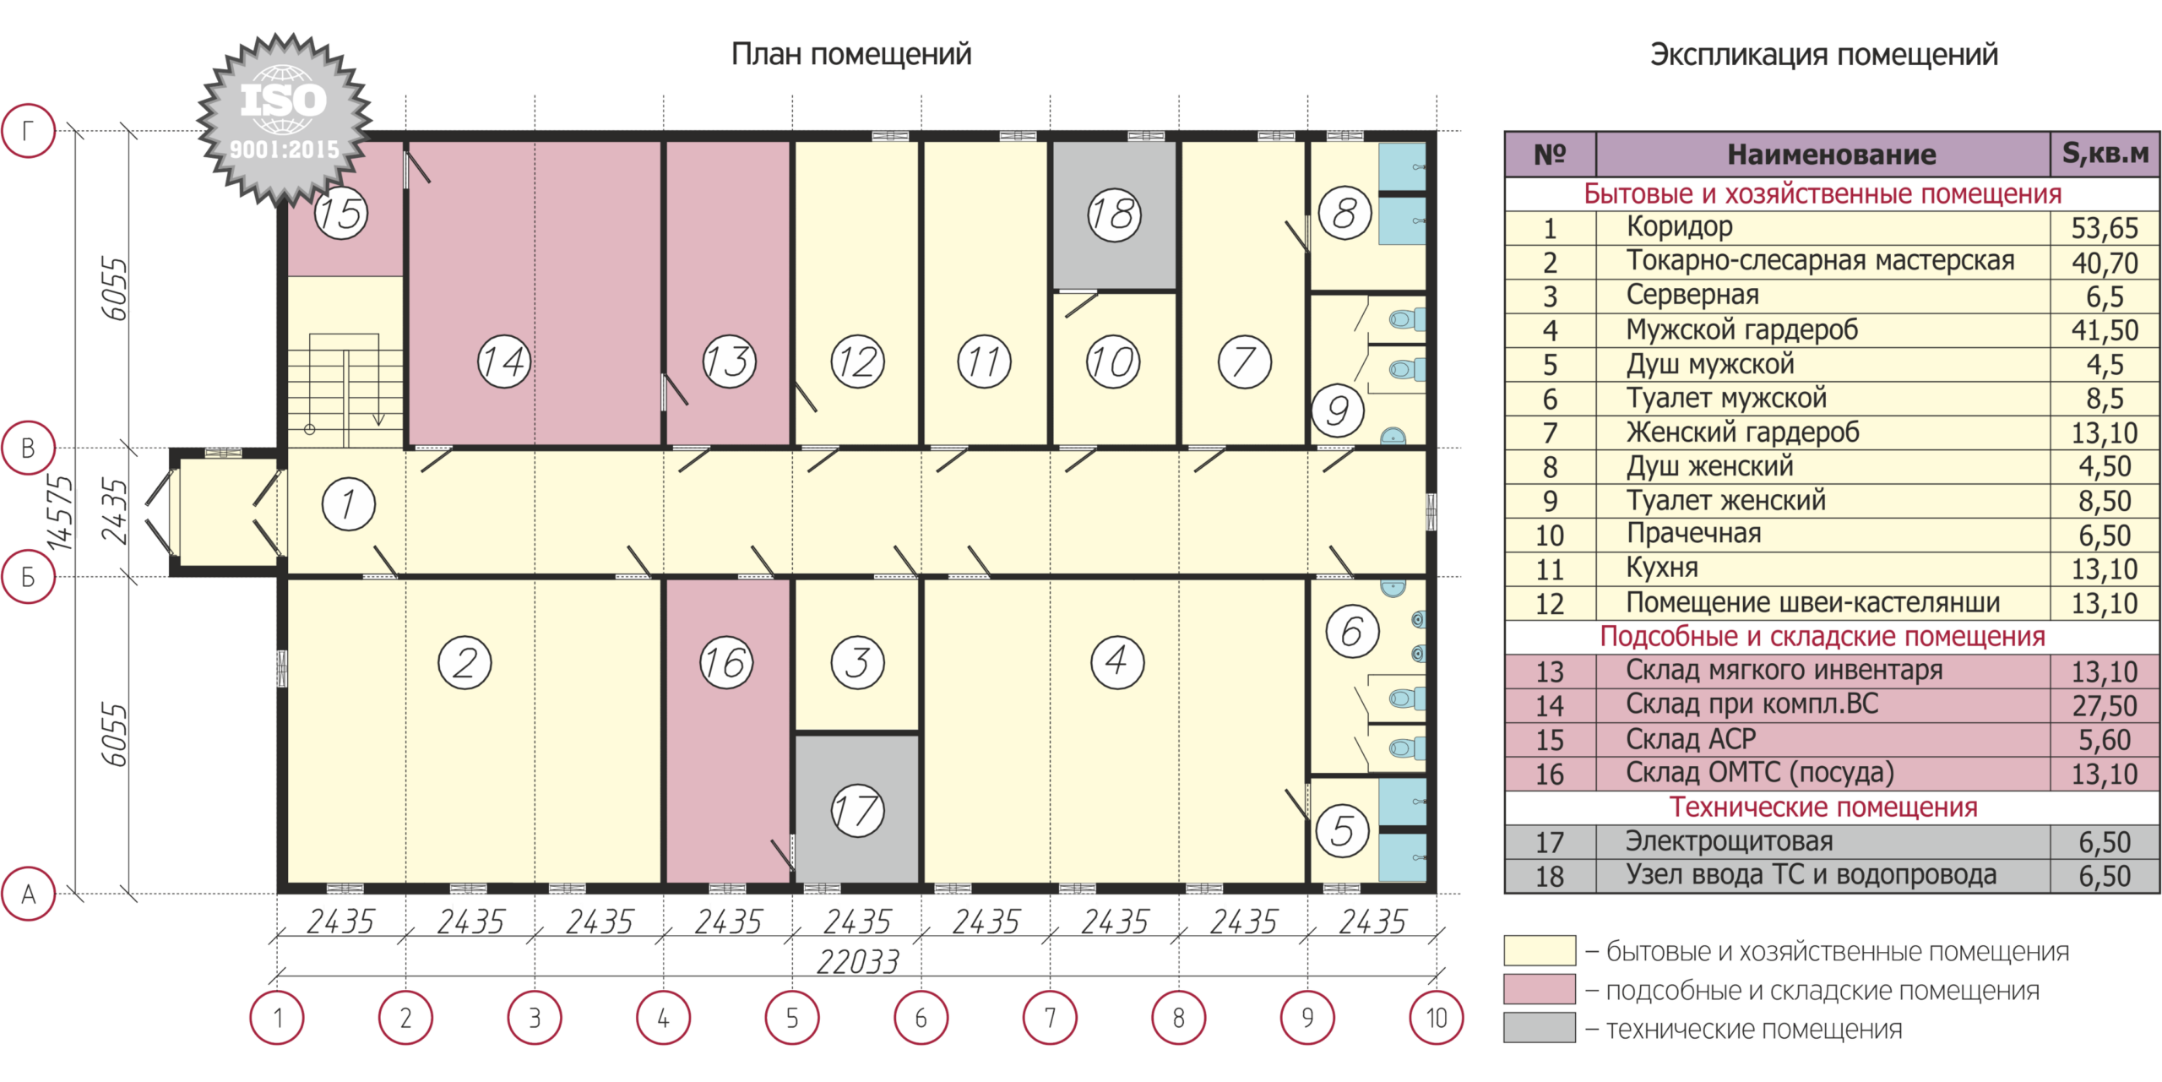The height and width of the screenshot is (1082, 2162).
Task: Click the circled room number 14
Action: [504, 362]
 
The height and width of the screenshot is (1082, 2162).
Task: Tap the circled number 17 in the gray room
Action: [857, 811]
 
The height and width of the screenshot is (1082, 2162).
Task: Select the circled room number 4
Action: [1117, 662]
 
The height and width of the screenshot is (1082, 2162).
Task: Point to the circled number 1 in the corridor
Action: [349, 504]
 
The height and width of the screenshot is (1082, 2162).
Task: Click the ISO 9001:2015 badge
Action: [285, 119]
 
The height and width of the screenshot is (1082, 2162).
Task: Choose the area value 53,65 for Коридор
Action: [2105, 228]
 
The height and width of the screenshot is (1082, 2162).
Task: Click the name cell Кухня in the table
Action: [1662, 568]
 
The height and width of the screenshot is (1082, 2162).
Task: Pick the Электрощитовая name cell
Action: [1729, 841]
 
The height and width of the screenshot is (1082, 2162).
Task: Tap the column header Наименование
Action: [1831, 155]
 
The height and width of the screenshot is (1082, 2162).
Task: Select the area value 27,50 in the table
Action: [2105, 705]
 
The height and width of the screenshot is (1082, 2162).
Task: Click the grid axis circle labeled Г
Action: [28, 131]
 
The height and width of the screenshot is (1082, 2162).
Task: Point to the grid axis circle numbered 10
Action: [1437, 1018]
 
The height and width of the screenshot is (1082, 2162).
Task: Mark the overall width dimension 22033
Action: [858, 961]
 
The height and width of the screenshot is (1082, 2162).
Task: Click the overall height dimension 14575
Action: [59, 512]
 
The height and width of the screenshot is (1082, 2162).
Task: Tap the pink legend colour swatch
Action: [1540, 989]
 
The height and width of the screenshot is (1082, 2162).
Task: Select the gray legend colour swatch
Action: [1540, 1028]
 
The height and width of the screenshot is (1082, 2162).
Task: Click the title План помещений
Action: [851, 54]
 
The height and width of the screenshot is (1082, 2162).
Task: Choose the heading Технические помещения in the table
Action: [1823, 807]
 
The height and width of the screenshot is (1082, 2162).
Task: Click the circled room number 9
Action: [1338, 411]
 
